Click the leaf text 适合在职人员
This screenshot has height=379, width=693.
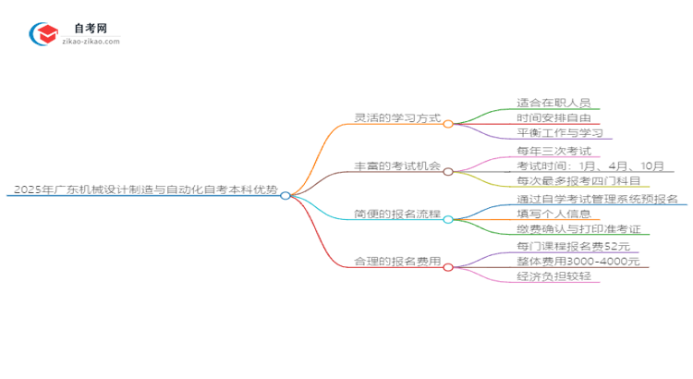[x=553, y=103]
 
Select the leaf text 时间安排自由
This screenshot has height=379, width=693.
[x=553, y=118]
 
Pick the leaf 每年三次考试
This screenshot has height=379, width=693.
[x=553, y=151]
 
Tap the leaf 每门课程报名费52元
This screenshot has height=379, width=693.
[x=570, y=247]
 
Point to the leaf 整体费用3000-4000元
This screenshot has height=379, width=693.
[x=577, y=263]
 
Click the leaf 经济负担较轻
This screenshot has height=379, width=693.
[x=553, y=278]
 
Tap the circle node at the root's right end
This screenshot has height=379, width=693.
[x=286, y=195]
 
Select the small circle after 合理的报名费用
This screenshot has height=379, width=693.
[x=448, y=267]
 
